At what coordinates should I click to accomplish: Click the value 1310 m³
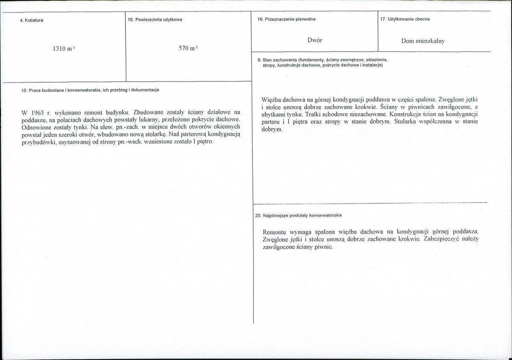[64, 49]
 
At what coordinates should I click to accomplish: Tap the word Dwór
[315, 40]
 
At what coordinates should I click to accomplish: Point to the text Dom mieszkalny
[423, 41]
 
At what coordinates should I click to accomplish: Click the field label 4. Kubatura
[31, 21]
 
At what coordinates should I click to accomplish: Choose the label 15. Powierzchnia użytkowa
[155, 20]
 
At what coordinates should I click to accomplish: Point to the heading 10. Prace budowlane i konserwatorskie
[90, 90]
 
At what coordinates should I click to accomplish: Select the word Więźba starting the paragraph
[272, 100]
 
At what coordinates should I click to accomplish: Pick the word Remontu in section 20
[275, 232]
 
